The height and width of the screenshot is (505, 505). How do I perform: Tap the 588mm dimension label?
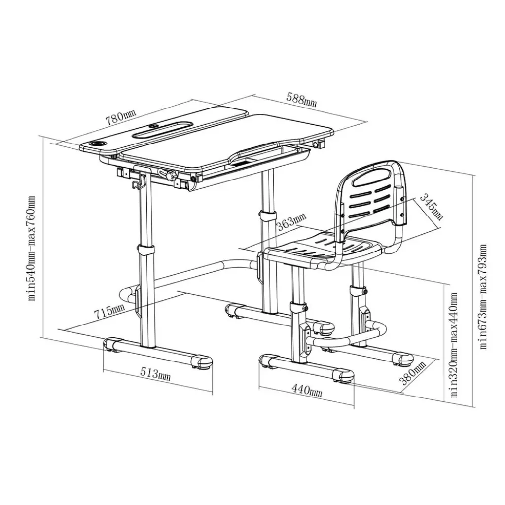tap(301, 100)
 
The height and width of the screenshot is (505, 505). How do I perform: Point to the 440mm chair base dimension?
tap(307, 391)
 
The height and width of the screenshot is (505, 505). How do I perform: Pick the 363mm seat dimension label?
tap(292, 221)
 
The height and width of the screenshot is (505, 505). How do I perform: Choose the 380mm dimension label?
tap(413, 373)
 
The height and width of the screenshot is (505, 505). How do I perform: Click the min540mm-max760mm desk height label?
tap(31, 249)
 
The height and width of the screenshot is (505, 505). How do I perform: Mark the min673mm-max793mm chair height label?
tap(483, 296)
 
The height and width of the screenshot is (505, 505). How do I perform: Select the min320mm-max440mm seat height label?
tap(454, 345)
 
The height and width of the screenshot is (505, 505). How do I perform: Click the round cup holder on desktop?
tap(97, 143)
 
